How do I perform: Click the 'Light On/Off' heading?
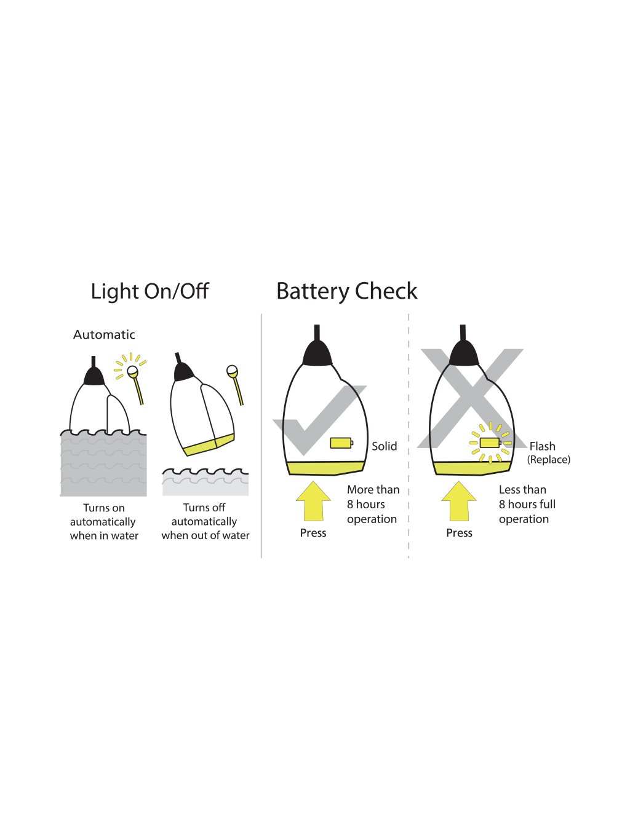(x=150, y=291)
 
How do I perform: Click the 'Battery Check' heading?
(x=346, y=291)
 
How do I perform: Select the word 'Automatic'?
(x=104, y=335)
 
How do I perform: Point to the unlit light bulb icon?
(x=232, y=371)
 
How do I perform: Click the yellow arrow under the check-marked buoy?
(x=313, y=501)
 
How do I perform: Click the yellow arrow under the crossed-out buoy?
(x=459, y=501)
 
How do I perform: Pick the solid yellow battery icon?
(x=341, y=443)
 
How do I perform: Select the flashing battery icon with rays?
(x=490, y=443)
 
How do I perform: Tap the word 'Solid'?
(x=384, y=446)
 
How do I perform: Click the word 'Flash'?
(x=542, y=446)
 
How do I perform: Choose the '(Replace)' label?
(x=548, y=460)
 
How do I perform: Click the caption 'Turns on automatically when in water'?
(x=104, y=522)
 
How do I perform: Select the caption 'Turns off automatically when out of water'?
(x=205, y=522)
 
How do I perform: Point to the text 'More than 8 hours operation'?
(x=372, y=505)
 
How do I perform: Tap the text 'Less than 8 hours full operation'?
(x=527, y=505)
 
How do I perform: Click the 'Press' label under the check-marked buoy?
(x=313, y=533)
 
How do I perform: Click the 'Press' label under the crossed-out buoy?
(x=459, y=533)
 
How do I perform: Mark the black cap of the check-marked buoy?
(x=317, y=354)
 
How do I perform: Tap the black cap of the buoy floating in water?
(x=94, y=376)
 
